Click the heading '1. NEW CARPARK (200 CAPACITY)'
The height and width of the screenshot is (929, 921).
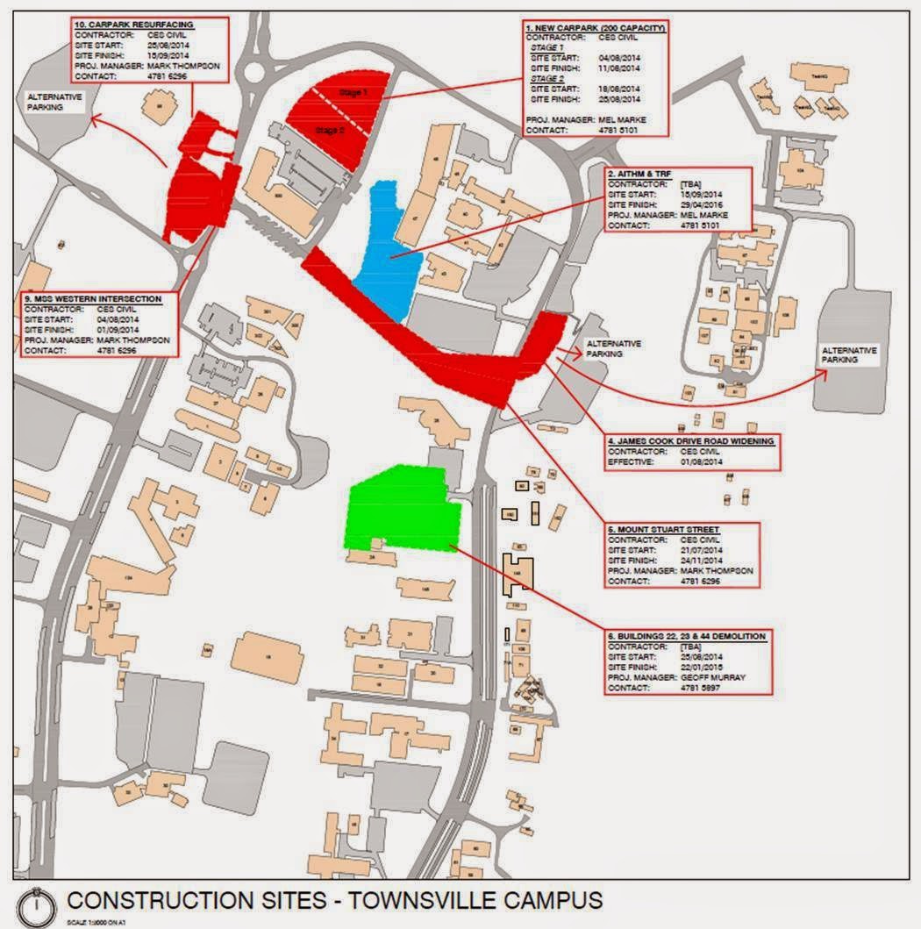596,29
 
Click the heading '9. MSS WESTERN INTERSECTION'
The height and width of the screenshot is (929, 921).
88,300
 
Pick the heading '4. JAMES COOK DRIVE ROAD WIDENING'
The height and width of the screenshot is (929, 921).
691,441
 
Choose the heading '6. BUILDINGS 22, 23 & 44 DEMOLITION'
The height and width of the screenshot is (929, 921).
687,635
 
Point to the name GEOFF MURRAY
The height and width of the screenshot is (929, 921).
710,678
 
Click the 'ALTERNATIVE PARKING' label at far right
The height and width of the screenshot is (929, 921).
848,355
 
